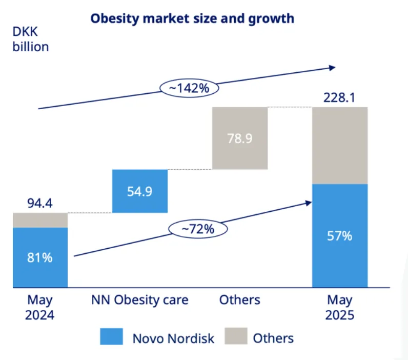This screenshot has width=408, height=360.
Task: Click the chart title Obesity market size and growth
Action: click(x=192, y=19)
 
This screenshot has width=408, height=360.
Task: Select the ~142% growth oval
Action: click(x=189, y=88)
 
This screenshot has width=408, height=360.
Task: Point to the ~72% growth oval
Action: click(x=197, y=229)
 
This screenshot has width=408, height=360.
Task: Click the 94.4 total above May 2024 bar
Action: click(x=39, y=204)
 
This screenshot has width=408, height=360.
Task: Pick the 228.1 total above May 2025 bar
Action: click(x=339, y=97)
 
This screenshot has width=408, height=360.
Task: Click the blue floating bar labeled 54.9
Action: click(x=139, y=191)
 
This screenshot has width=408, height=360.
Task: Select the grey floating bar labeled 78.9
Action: click(x=239, y=138)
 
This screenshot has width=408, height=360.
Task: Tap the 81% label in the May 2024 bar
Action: click(x=39, y=257)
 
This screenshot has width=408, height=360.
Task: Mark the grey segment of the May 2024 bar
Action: click(x=39, y=220)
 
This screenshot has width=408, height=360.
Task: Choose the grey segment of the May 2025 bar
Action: click(x=339, y=145)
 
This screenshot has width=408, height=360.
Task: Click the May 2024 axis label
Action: click(x=39, y=307)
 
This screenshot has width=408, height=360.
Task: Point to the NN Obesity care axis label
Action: click(x=140, y=299)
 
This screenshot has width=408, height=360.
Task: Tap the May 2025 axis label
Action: click(x=339, y=307)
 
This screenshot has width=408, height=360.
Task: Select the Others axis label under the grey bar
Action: click(x=239, y=299)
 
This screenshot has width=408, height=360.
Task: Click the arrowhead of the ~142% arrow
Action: click(x=332, y=67)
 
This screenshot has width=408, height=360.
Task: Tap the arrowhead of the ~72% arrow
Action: click(x=309, y=203)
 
